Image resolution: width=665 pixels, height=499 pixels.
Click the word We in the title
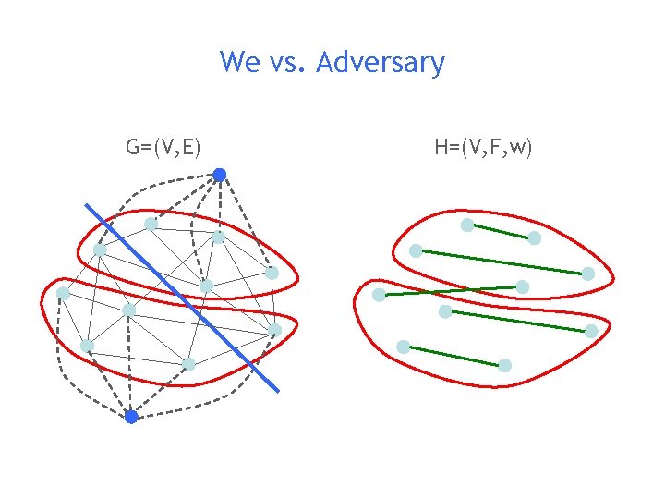(240, 63)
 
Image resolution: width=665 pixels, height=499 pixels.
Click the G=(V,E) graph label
(164, 146)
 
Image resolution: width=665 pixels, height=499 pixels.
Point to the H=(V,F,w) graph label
(482, 146)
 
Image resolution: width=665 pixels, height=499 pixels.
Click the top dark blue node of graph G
(220, 174)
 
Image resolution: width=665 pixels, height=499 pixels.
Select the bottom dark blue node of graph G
(131, 417)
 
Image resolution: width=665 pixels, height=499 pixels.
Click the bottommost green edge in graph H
(454, 356)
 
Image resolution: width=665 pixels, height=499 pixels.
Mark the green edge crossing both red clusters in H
(451, 291)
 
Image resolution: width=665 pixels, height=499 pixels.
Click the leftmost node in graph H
(379, 296)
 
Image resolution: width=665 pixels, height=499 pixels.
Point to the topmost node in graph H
(467, 225)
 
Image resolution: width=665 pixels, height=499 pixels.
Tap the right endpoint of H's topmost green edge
(535, 238)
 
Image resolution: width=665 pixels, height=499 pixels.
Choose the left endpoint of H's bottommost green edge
(404, 347)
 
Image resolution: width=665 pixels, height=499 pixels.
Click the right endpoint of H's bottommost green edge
(505, 365)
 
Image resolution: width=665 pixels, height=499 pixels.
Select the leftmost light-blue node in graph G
(63, 293)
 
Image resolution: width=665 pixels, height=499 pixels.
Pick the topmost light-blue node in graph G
(151, 224)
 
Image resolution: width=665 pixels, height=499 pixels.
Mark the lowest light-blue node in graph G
(188, 364)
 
